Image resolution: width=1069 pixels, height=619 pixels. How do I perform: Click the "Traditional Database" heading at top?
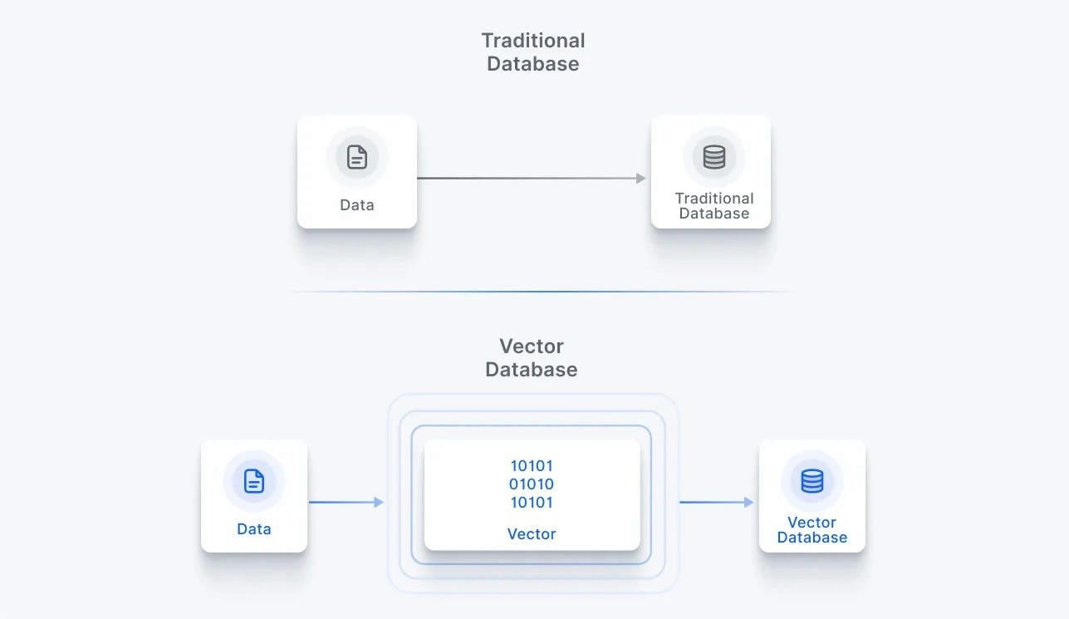[533, 52]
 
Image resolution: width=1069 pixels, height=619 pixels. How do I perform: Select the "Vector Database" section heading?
[532, 358]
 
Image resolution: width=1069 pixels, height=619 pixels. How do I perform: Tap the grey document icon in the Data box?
[357, 156]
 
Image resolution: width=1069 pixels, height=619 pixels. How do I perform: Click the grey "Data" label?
[357, 205]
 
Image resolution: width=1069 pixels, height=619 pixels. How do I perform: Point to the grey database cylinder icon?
[714, 156]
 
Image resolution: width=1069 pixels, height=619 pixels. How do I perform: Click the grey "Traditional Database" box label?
[714, 206]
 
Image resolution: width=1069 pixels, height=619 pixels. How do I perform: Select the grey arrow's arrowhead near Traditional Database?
[640, 178]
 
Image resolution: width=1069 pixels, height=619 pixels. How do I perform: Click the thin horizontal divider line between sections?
[540, 292]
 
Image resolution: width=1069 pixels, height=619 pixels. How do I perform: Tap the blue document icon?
[254, 480]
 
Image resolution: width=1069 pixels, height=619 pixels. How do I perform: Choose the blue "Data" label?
[254, 529]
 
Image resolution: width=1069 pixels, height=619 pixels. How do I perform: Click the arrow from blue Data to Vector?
[346, 502]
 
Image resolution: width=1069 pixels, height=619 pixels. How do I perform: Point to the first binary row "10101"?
[532, 466]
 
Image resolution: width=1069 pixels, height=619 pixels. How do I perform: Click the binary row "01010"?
[532, 484]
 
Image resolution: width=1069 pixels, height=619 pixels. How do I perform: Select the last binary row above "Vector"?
[532, 503]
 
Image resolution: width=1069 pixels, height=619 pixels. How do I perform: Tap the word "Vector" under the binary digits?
[532, 534]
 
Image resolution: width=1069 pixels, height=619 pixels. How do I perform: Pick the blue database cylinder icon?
[812, 480]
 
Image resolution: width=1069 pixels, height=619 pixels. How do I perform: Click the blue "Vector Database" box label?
[812, 530]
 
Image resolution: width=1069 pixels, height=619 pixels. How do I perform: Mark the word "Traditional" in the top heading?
[533, 41]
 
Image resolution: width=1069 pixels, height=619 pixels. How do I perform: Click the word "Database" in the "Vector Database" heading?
[532, 370]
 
